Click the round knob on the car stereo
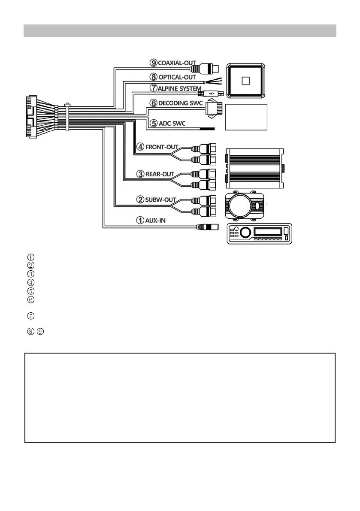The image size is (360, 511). pos(245,233)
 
